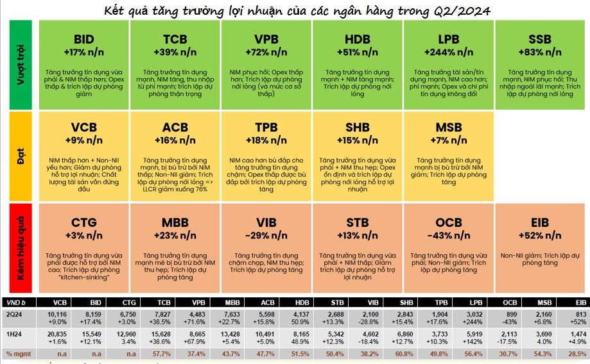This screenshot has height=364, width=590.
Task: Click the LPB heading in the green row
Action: (448, 39)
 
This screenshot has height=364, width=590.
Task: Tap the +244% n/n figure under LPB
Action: (448, 52)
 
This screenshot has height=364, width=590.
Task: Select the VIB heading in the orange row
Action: (266, 223)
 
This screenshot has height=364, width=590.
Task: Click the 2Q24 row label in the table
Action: (14, 314)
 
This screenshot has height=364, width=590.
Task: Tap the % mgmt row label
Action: (17, 353)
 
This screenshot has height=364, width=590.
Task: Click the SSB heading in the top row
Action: (540, 39)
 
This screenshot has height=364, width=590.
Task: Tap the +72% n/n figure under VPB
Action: (266, 52)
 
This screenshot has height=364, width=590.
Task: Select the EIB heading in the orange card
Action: (540, 223)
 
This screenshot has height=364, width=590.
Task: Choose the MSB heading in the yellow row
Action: (448, 127)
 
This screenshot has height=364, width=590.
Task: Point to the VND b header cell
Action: (15, 301)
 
